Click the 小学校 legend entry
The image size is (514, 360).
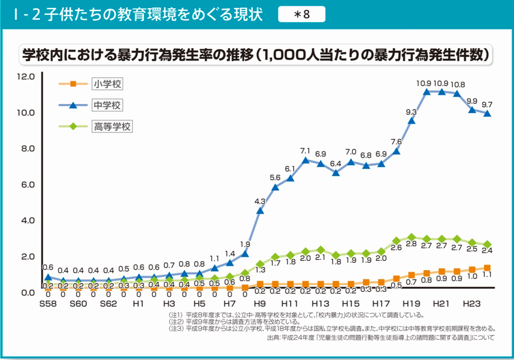click(x=106, y=84)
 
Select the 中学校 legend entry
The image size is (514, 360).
click(x=106, y=105)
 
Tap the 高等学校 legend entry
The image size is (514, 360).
click(x=112, y=127)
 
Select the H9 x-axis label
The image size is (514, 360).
click(x=259, y=304)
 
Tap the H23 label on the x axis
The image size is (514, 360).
click(x=470, y=304)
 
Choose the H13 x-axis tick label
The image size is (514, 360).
click(x=319, y=304)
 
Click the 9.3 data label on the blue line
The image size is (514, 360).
click(x=411, y=112)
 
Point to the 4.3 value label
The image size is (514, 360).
click(x=260, y=201)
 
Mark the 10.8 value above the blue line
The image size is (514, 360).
click(x=457, y=85)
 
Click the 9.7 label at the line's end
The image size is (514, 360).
click(x=487, y=104)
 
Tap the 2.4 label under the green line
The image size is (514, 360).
click(x=487, y=250)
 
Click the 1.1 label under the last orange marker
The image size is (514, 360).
click(x=487, y=276)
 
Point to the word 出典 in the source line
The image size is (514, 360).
click(x=274, y=338)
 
